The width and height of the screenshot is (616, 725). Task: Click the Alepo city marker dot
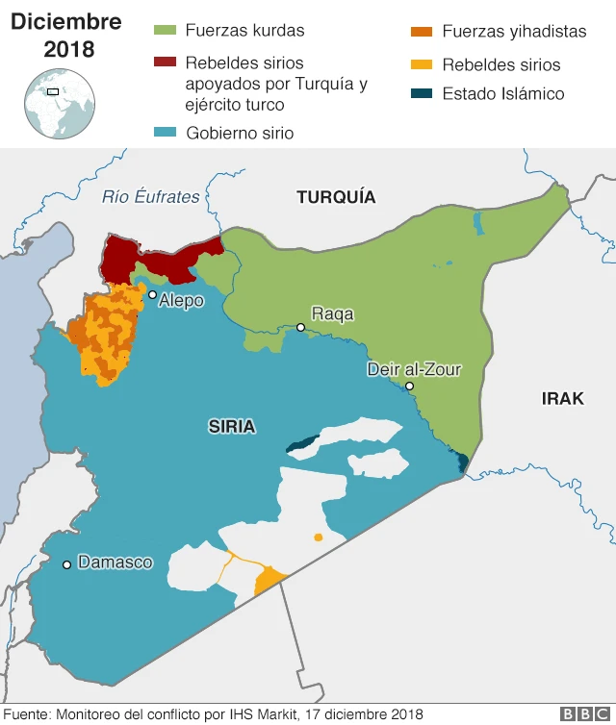point(152,295)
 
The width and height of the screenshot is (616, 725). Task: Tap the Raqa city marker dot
point(300,328)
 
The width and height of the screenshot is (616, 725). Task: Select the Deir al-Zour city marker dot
point(409,387)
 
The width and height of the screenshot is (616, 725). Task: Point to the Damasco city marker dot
point(66,564)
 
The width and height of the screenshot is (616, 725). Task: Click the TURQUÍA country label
point(336,197)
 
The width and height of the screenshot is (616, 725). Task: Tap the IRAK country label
point(562,398)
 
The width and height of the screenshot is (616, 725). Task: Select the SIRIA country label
point(232,426)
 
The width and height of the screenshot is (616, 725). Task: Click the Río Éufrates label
point(151,197)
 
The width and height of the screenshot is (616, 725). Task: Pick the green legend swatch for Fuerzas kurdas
point(165,31)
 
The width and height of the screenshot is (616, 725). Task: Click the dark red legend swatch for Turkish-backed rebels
point(165,62)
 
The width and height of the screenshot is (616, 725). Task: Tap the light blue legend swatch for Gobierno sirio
point(165,133)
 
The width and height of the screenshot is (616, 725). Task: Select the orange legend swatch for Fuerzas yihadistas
point(421,32)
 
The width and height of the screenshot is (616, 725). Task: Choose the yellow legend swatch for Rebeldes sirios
point(421,65)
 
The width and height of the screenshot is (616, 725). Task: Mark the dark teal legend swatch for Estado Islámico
point(421,94)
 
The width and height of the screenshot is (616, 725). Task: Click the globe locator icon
point(59,104)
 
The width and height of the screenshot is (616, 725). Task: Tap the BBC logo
point(582,713)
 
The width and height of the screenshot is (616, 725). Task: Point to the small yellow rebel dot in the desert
point(318,537)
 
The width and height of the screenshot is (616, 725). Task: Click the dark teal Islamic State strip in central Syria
point(303,443)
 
